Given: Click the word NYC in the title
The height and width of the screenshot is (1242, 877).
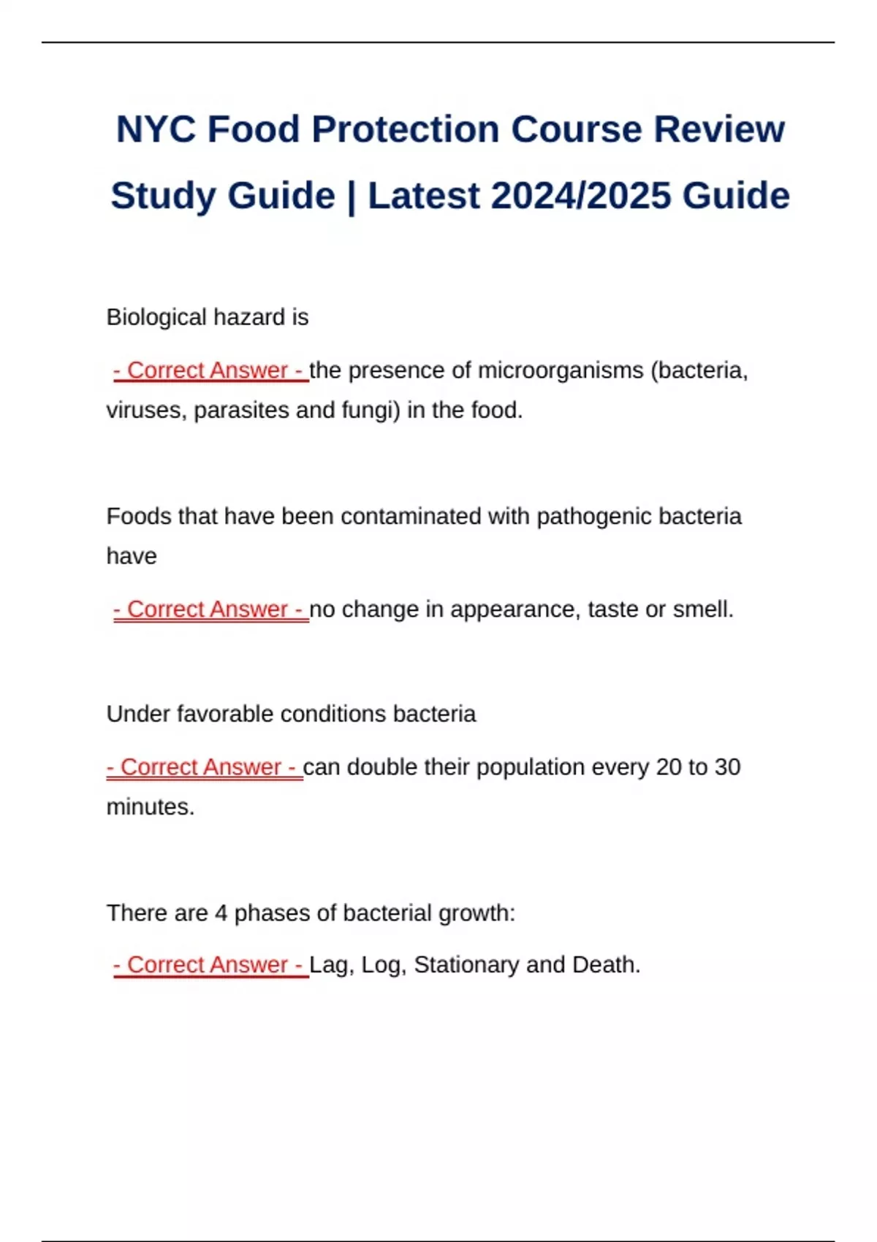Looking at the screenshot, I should coord(156,130).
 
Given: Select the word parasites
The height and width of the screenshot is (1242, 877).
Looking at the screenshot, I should coord(241,411).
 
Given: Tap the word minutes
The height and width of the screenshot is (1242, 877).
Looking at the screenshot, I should coord(150,807).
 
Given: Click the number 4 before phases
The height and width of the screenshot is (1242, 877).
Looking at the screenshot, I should coord(221,913).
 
